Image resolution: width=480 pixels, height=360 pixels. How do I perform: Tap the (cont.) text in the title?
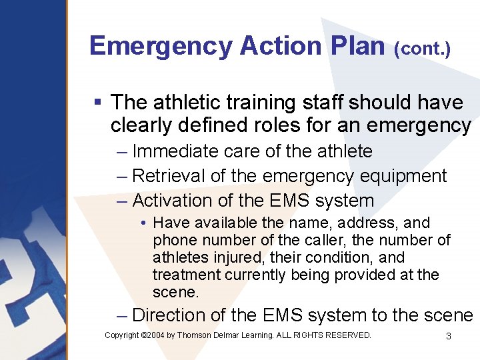422,49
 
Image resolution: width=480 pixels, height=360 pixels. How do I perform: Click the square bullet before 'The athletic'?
97,103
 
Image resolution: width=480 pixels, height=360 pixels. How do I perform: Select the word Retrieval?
169,176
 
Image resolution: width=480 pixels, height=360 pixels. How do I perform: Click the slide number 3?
448,336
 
